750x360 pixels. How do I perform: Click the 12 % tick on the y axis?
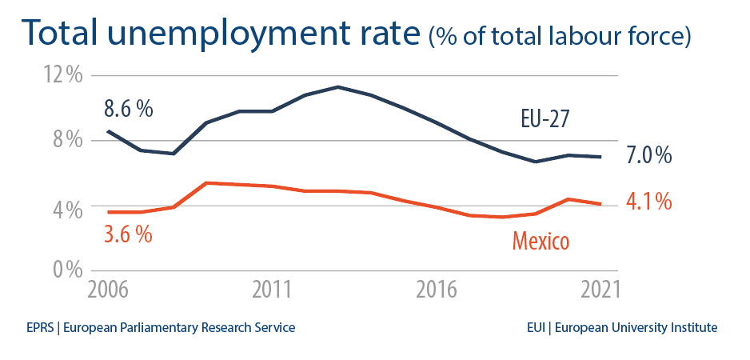coord(62,76)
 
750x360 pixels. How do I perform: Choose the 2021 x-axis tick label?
coord(600,290)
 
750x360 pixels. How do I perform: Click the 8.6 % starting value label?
coord(128,109)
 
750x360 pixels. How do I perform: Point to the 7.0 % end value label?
coord(648,156)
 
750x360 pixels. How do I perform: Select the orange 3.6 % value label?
coord(128,235)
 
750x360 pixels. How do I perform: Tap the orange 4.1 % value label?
coord(648,202)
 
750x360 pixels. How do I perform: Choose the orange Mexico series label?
coord(541,240)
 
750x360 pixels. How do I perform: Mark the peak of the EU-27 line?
coord(338,86)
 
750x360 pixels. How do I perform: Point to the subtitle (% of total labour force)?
coord(560,37)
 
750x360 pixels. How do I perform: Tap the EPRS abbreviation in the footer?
coord(39,328)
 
